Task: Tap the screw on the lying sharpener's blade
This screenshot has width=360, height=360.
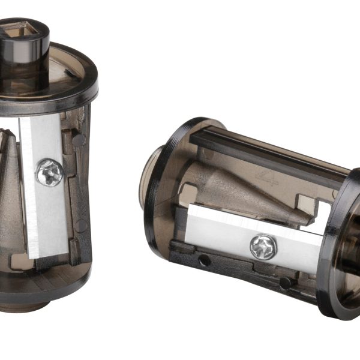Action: pyautogui.click(x=263, y=247)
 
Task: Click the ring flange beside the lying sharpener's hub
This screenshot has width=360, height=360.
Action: pyautogui.click(x=171, y=180)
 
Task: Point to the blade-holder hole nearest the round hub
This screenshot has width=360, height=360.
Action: pyautogui.click(x=205, y=260)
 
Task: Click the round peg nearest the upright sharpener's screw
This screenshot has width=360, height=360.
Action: pyautogui.click(x=79, y=140)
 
